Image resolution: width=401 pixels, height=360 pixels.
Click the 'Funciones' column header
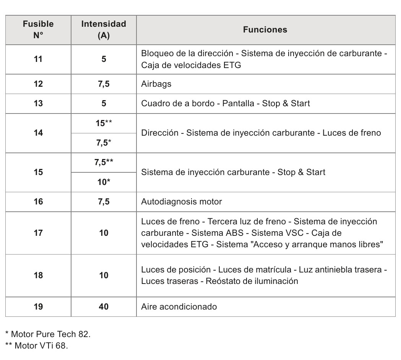point(265,30)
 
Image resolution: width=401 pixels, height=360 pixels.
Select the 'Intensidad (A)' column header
point(104,30)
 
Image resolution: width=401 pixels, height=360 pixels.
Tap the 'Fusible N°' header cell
point(38,30)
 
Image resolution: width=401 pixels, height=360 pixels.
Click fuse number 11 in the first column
point(38,59)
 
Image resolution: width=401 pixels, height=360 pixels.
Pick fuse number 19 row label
point(38,306)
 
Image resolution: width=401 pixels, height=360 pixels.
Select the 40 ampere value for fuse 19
point(104,306)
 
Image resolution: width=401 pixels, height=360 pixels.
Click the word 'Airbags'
point(156,84)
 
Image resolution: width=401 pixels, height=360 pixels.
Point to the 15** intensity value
point(104,123)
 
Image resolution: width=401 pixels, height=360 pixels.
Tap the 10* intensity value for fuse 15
point(104,182)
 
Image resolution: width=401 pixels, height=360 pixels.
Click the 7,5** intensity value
point(104,162)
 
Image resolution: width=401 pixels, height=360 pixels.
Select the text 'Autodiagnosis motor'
point(181,201)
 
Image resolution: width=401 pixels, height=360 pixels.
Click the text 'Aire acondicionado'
point(179,306)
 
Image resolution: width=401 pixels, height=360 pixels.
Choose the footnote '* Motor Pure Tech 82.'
point(48,334)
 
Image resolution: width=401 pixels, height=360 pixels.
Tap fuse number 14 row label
point(38,133)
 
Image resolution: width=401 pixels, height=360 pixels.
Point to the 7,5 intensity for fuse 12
point(104,84)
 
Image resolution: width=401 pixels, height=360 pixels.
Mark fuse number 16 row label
point(38,201)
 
